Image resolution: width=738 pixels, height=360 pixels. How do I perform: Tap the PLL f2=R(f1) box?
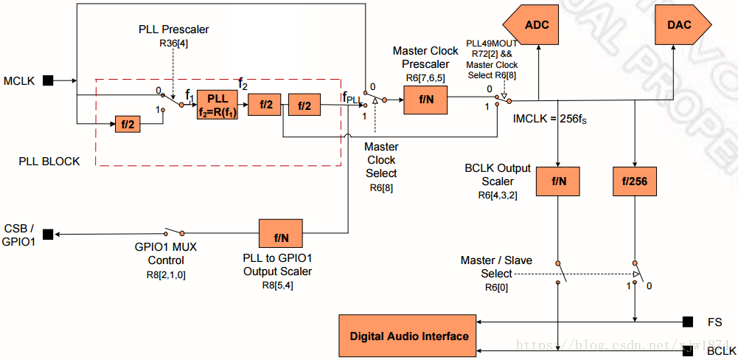217,105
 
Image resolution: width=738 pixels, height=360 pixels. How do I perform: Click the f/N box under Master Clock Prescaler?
426,100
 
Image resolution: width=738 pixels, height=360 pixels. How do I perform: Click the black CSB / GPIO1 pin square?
48,235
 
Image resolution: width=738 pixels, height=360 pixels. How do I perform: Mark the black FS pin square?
687,322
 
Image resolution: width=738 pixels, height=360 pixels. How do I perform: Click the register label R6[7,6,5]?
425,77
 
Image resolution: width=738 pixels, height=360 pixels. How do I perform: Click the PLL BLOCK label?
49,160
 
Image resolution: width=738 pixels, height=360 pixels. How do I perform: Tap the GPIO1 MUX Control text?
165,255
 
